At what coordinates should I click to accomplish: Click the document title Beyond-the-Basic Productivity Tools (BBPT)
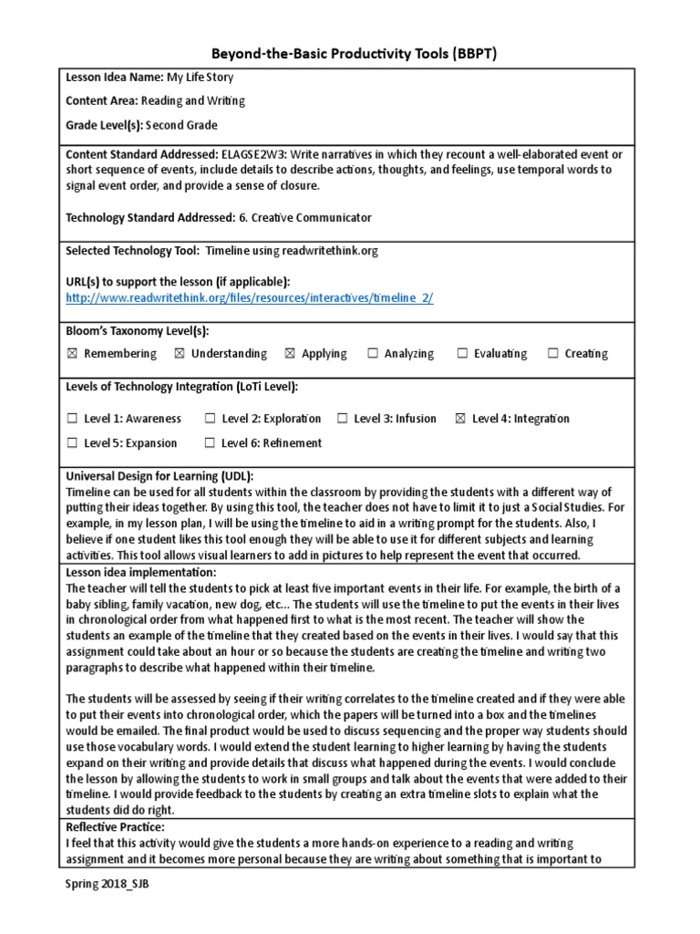tap(349, 54)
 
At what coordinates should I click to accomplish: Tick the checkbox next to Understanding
tap(180, 354)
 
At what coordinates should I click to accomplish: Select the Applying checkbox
tap(290, 354)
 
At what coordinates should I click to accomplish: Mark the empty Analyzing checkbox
tap(372, 354)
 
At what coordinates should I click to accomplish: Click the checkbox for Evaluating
tap(462, 354)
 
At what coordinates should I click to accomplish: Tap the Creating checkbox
tap(552, 354)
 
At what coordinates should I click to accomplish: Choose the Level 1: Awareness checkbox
tap(72, 419)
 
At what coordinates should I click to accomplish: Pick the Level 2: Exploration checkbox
tap(210, 419)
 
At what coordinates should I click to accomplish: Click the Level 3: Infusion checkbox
tap(342, 419)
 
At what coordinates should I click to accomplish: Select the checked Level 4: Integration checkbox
tap(459, 419)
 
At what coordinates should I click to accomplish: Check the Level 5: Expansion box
tap(72, 443)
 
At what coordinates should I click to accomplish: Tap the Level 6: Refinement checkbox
tap(210, 443)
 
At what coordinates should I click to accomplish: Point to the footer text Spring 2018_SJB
tap(106, 886)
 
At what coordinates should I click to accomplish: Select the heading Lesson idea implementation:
tap(141, 572)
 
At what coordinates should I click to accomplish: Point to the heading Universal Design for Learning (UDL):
tap(160, 476)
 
